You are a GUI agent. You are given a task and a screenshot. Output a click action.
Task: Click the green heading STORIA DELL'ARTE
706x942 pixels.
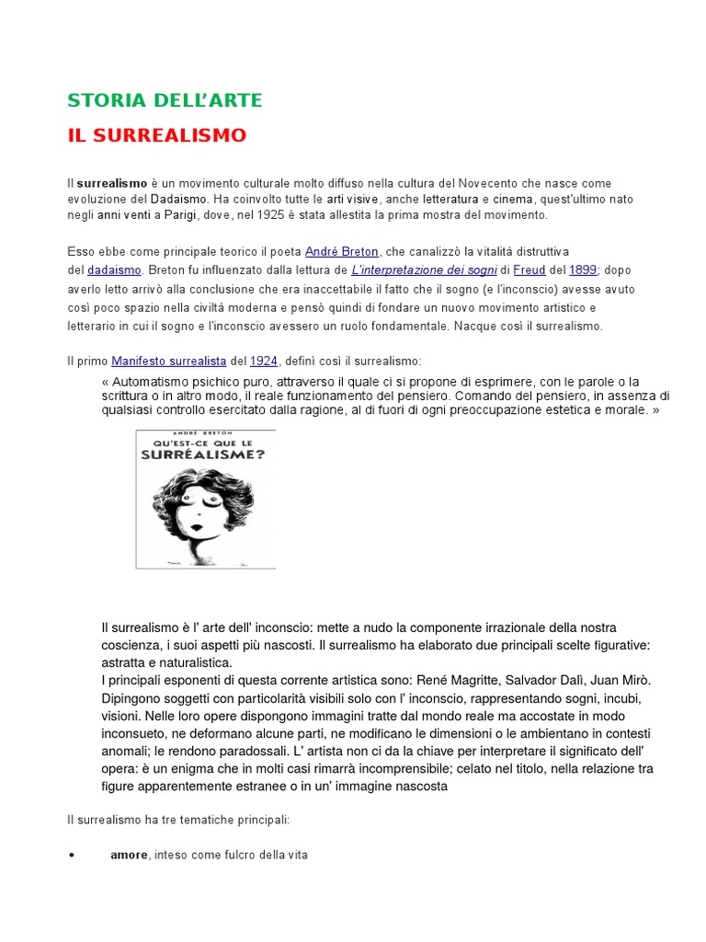(x=165, y=100)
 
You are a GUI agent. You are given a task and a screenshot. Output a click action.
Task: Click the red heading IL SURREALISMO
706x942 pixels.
(x=157, y=135)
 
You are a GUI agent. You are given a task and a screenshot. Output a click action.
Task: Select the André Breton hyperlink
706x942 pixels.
(x=342, y=251)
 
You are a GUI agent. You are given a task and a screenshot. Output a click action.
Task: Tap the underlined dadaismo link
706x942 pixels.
(x=114, y=270)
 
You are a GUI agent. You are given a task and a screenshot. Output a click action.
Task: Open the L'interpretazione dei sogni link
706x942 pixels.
(x=424, y=270)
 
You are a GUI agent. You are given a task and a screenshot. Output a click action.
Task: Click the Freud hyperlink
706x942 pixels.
(x=529, y=270)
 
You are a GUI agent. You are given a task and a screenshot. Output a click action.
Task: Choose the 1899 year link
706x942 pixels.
(x=583, y=270)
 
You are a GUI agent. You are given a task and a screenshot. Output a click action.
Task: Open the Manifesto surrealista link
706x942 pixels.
(x=169, y=362)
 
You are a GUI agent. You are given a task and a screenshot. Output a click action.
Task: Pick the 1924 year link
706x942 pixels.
(x=264, y=362)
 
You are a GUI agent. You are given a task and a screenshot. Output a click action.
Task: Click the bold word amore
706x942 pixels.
(x=129, y=855)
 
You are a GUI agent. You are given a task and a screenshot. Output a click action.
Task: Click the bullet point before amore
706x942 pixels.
(x=72, y=855)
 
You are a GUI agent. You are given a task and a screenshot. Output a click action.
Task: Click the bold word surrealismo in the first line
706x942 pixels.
(x=108, y=183)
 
